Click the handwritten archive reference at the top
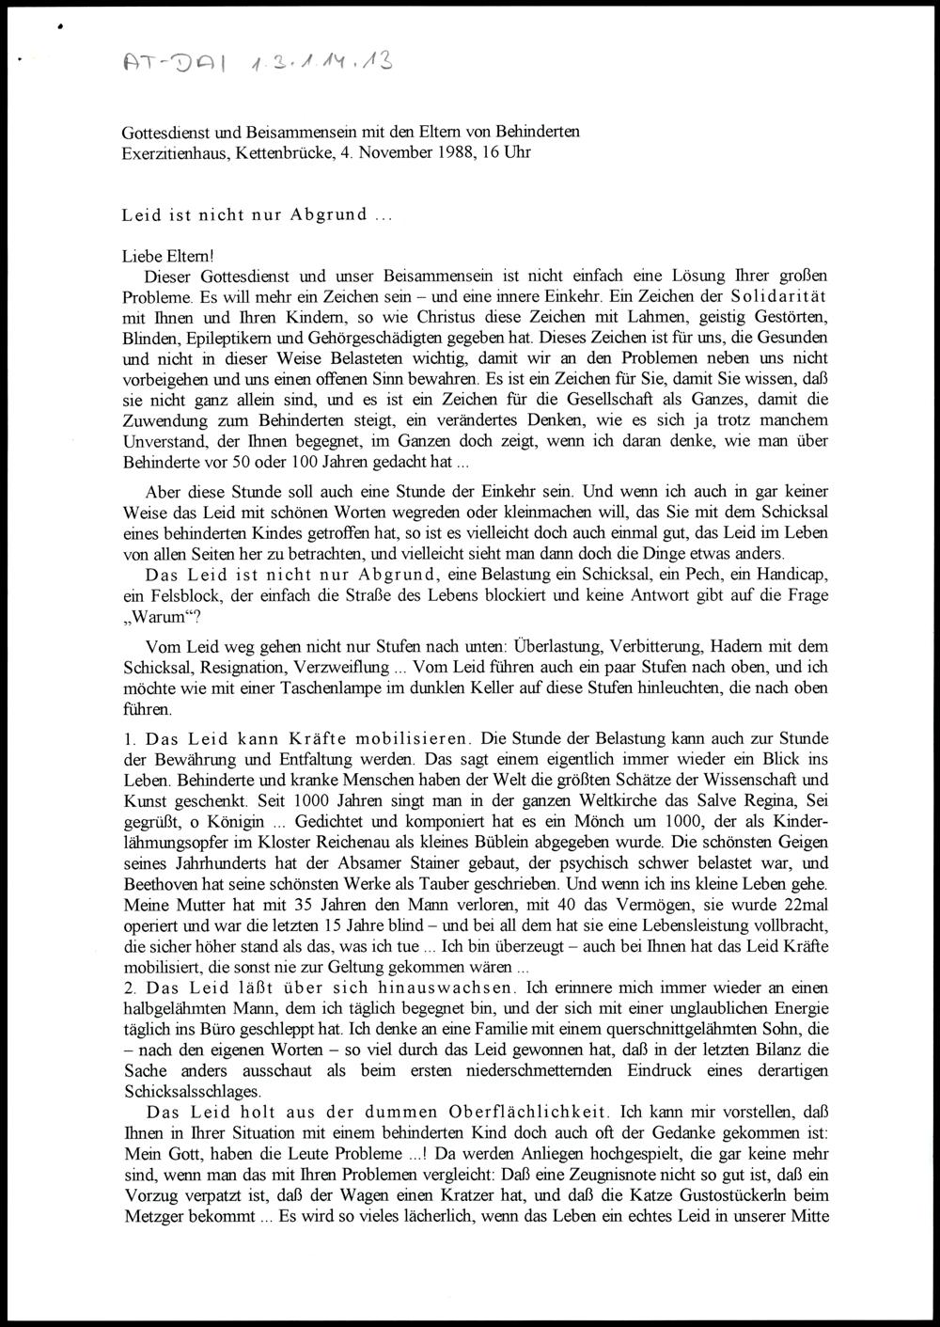coord(258,63)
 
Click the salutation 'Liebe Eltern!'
coord(168,255)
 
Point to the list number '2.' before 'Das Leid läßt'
coord(130,987)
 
